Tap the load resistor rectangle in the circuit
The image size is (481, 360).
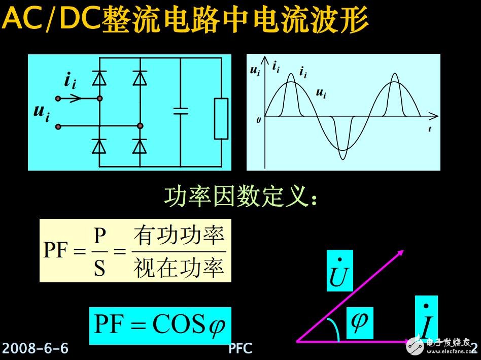click(x=221, y=119)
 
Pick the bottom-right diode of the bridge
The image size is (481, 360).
click(x=140, y=146)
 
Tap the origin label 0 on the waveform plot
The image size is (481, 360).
click(x=258, y=120)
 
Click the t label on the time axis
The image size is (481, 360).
click(x=429, y=129)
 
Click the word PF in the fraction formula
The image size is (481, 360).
click(x=56, y=251)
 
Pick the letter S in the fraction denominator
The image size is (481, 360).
click(x=99, y=268)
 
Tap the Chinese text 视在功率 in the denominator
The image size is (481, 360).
click(x=179, y=268)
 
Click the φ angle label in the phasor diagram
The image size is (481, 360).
click(x=360, y=322)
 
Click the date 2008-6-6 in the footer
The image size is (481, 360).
click(x=36, y=348)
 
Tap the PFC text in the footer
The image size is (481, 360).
click(x=240, y=348)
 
